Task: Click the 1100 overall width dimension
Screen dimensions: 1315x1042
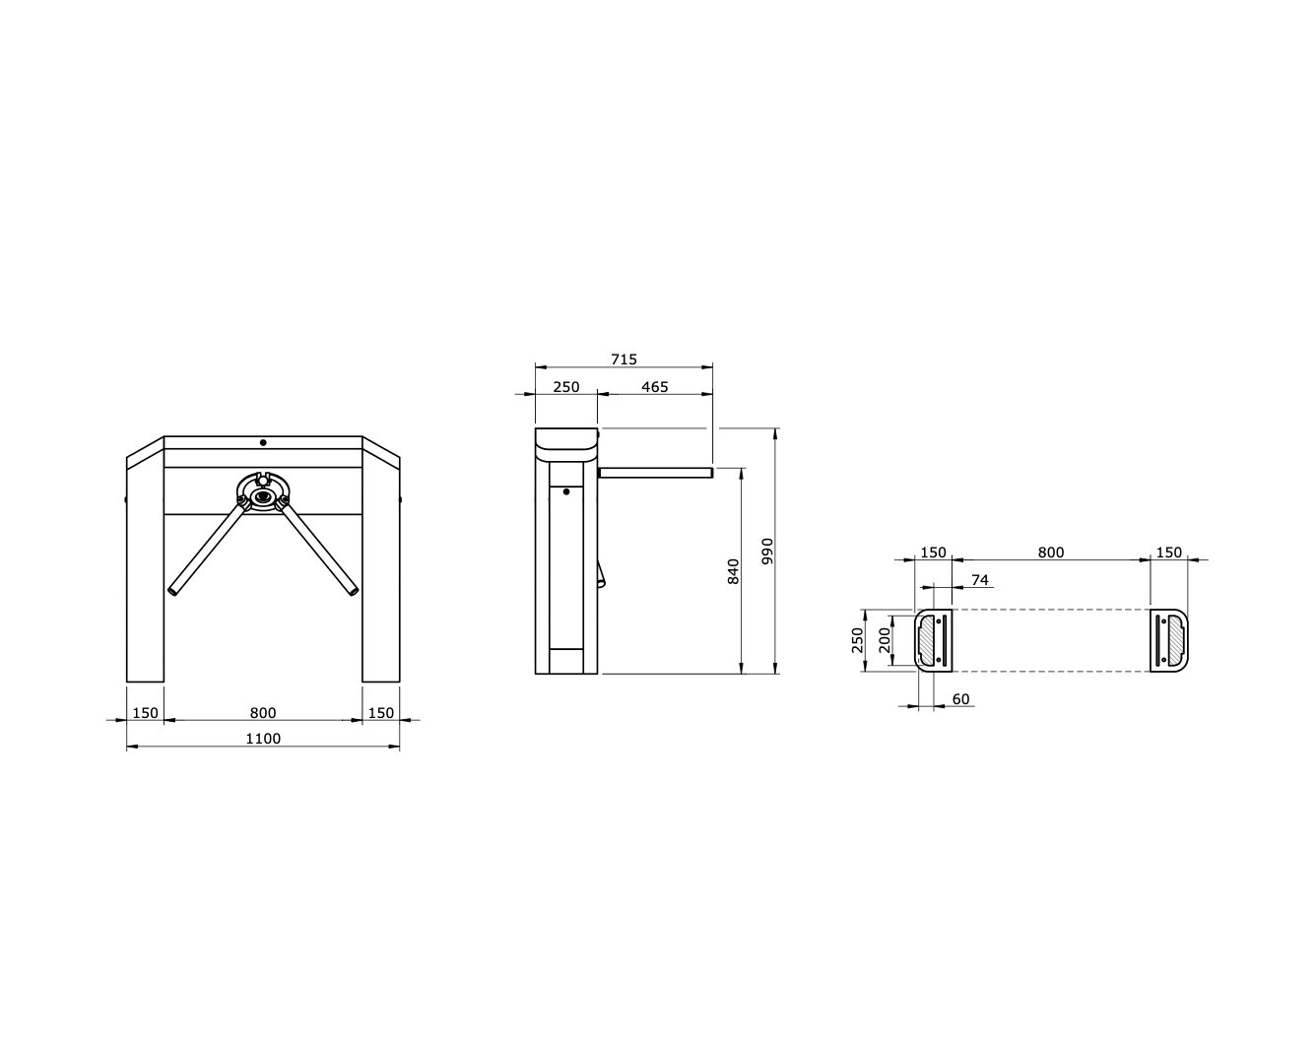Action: pyautogui.click(x=263, y=739)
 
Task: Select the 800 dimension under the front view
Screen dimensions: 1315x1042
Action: pyautogui.click(x=263, y=713)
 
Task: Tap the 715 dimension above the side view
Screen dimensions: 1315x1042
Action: pyautogui.click(x=624, y=359)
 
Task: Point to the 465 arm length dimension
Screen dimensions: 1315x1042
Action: pyautogui.click(x=655, y=387)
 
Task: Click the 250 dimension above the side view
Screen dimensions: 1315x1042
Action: pyautogui.click(x=566, y=387)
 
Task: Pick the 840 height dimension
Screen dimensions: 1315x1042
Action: pyautogui.click(x=733, y=571)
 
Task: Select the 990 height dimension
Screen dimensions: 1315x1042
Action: pyautogui.click(x=767, y=552)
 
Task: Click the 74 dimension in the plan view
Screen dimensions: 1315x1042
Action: pyautogui.click(x=979, y=579)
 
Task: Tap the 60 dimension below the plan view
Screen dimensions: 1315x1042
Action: pyautogui.click(x=961, y=698)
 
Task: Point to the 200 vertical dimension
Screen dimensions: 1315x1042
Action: pyautogui.click(x=885, y=640)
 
